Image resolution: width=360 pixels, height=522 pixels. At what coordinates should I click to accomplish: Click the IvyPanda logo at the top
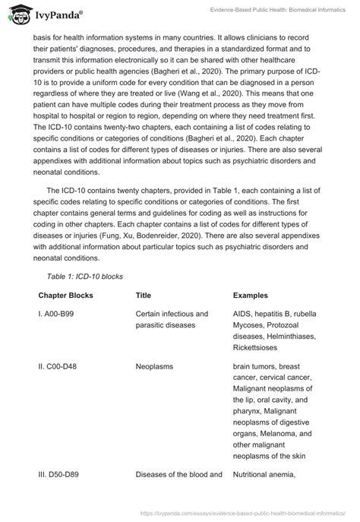tap(47, 13)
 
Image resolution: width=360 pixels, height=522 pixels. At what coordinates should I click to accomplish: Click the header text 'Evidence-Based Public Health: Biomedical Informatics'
tap(271, 13)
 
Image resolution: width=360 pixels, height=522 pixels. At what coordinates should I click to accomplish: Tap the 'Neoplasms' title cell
tap(154, 365)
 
